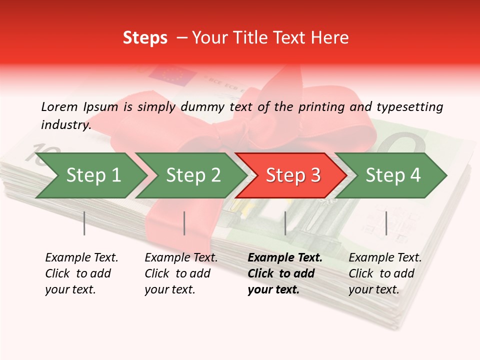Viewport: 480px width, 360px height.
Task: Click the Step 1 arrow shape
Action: pos(92,175)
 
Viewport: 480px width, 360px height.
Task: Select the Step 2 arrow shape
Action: pos(192,175)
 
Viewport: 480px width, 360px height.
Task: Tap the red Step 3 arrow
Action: pos(292,175)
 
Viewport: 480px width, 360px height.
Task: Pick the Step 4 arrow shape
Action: pos(392,175)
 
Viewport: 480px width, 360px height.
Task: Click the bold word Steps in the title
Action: pos(145,38)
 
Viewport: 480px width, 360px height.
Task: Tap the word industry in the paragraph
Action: pos(66,125)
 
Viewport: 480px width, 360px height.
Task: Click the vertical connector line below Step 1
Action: pos(84,223)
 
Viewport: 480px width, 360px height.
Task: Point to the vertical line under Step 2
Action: pos(184,223)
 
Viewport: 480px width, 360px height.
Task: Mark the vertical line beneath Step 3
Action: pos(285,223)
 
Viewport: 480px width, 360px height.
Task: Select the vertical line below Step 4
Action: pos(386,223)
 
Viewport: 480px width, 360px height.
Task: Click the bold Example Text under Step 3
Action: pos(285,258)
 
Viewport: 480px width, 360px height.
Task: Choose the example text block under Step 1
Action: pos(81,273)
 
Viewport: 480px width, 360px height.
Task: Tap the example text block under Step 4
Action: pos(385,273)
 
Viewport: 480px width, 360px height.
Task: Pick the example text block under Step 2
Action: pos(181,273)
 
